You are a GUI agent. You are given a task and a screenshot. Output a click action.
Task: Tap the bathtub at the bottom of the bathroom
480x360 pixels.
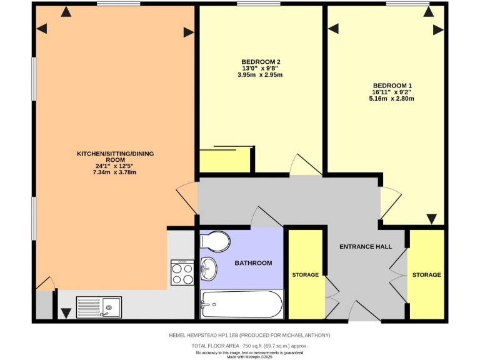[241, 304]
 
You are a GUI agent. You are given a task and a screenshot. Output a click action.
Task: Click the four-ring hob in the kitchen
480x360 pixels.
[181, 272]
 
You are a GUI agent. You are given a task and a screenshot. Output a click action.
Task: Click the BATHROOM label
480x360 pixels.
[253, 263]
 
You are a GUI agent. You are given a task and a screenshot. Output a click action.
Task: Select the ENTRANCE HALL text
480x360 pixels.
[366, 246]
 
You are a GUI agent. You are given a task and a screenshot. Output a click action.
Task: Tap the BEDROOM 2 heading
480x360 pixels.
[261, 61]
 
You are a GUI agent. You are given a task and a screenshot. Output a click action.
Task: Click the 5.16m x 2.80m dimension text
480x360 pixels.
[392, 99]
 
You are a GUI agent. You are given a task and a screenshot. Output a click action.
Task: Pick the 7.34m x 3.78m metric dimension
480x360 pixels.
[115, 172]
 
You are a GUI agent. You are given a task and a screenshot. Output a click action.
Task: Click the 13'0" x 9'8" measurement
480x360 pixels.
[261, 68]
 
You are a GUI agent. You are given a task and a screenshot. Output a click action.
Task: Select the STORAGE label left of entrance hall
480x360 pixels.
[305, 275]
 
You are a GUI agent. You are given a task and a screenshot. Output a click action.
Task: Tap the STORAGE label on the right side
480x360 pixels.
[427, 275]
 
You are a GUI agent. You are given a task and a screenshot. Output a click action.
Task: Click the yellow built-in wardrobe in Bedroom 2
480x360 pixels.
[224, 161]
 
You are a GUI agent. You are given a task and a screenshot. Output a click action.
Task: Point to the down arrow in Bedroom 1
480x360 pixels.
[431, 218]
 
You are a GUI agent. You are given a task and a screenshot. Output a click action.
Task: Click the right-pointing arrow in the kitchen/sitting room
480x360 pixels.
[188, 32]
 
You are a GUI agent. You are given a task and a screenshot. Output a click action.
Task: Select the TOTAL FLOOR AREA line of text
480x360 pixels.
[249, 346]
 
